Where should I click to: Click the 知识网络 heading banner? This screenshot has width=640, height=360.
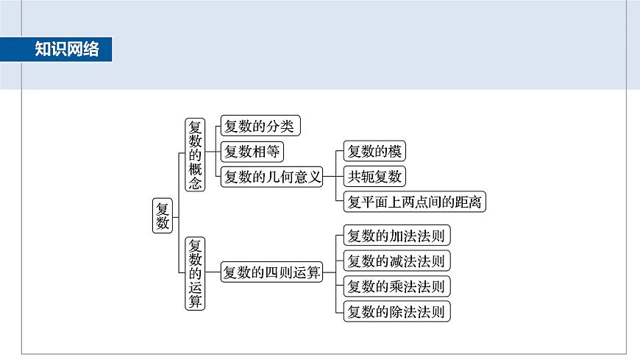tap(66, 49)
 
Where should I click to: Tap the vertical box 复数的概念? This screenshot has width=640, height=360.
tap(194, 155)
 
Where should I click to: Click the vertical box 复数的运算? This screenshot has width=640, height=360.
tap(195, 273)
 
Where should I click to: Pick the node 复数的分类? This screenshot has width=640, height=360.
tap(260, 127)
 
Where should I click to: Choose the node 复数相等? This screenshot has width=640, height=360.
tap(252, 152)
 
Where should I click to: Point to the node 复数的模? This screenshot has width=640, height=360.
tap(374, 152)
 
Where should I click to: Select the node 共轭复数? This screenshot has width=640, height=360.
tap(374, 177)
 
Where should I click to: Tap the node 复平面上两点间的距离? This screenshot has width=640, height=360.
tap(414, 202)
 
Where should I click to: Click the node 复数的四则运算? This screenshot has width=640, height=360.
tap(272, 273)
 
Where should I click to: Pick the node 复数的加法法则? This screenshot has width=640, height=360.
tap(396, 236)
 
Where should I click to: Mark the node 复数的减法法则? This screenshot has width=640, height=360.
tap(396, 261)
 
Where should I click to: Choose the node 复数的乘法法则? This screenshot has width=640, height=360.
tap(396, 286)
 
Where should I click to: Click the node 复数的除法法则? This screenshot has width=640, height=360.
tap(396, 311)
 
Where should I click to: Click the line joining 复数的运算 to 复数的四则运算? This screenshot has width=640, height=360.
tap(213, 273)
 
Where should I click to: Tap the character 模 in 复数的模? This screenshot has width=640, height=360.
tap(395, 152)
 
